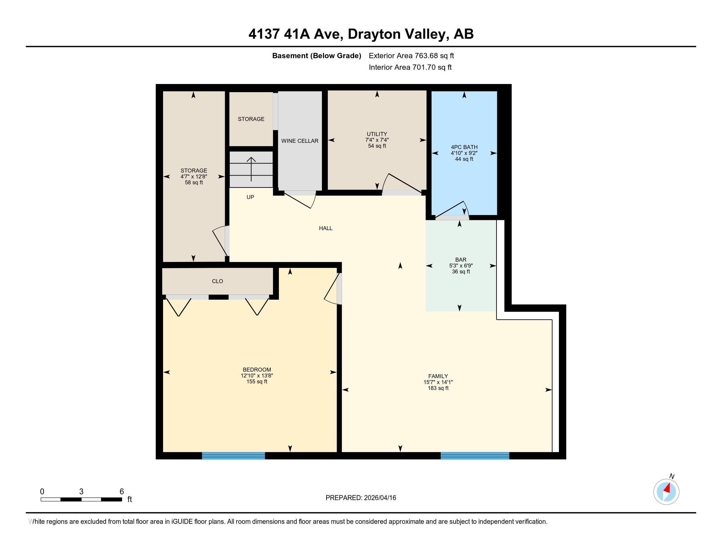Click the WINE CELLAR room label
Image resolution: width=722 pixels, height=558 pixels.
[300, 141]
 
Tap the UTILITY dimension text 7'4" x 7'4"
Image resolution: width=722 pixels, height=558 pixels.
[376, 140]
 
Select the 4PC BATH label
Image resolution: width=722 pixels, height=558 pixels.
[464, 147]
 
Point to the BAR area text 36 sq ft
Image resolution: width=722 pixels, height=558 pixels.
[460, 272]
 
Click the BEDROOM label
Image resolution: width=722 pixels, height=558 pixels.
[257, 370]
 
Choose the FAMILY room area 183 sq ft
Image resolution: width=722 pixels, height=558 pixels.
[438, 388]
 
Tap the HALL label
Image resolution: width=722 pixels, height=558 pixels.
[325, 228]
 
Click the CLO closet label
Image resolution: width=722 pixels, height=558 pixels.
[217, 281]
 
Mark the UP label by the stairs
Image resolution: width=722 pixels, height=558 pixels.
[250, 197]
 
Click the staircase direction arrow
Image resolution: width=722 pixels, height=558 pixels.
[251, 169]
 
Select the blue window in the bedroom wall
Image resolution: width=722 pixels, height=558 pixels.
[233, 456]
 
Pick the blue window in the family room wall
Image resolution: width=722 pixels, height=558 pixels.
[475, 456]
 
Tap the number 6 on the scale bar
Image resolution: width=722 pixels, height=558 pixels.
[121, 492]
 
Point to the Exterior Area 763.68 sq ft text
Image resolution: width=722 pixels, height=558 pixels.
[411, 56]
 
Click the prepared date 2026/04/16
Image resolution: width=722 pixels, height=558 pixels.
[379, 498]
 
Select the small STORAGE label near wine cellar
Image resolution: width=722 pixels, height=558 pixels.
[251, 119]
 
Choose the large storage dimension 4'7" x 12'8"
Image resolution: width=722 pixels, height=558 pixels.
[194, 177]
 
